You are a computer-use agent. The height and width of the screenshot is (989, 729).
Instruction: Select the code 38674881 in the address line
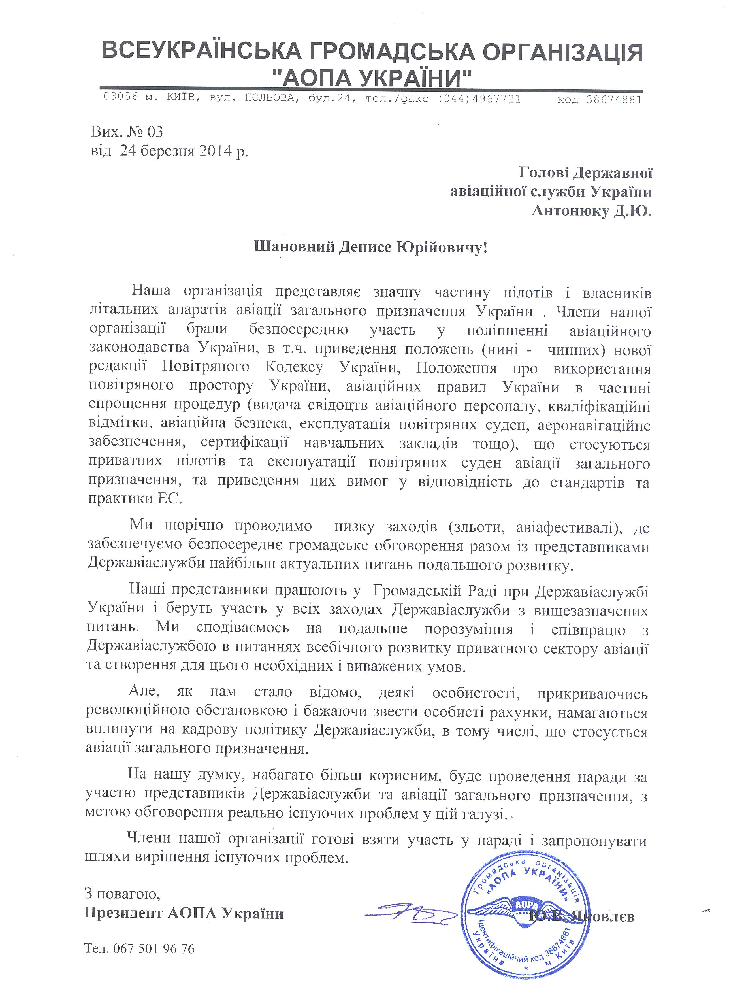coord(614,100)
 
